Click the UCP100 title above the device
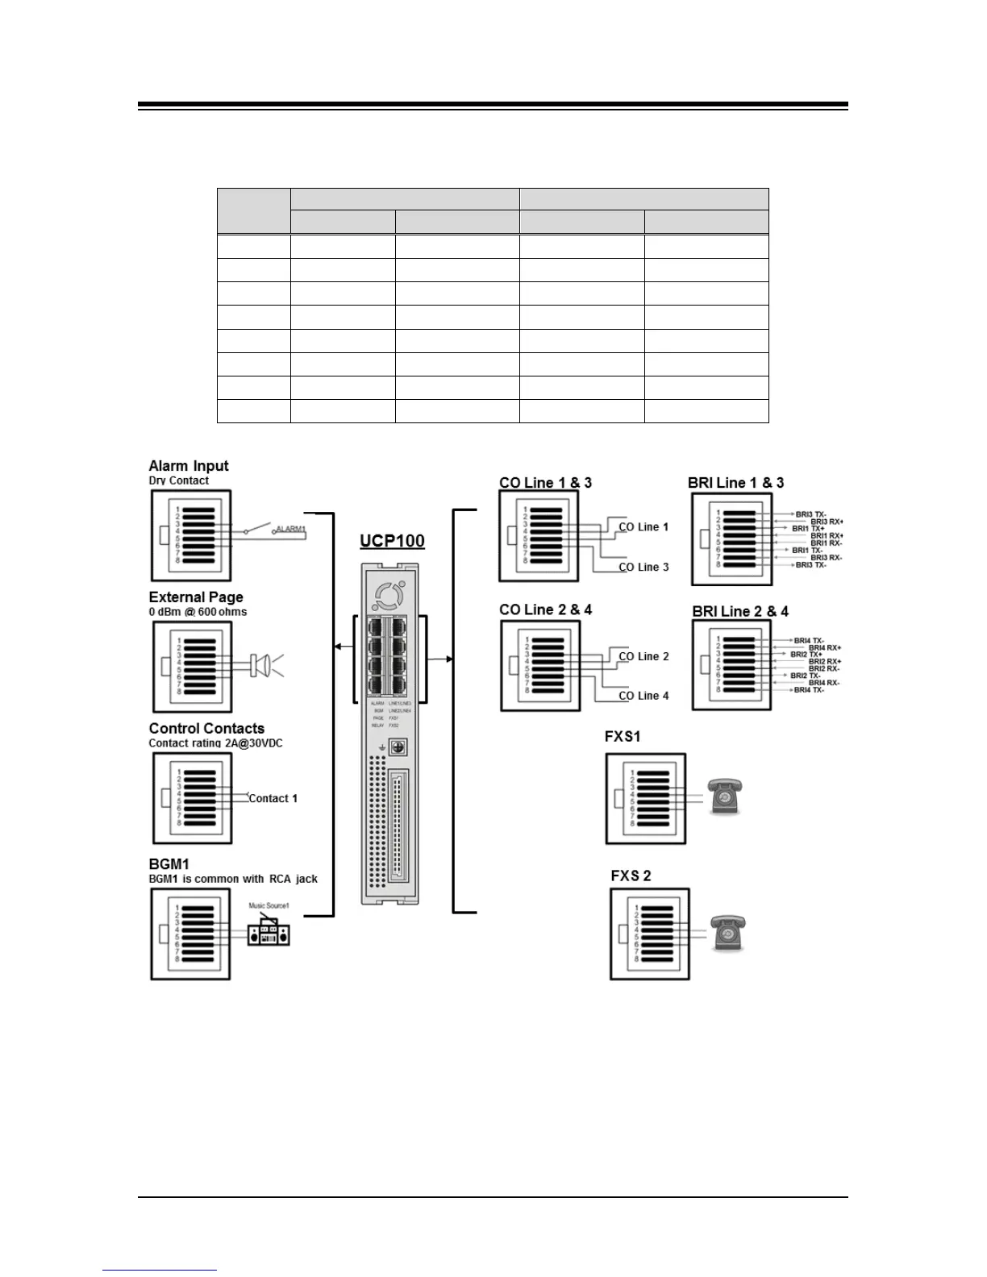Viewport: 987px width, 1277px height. click(x=392, y=540)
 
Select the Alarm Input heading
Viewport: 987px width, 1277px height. click(x=189, y=466)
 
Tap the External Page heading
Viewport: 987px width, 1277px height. click(x=196, y=597)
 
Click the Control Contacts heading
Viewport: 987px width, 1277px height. click(x=206, y=729)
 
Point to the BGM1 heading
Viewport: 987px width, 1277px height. click(x=169, y=864)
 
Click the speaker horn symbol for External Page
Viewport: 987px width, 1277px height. click(x=261, y=666)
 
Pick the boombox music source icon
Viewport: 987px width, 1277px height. click(x=269, y=934)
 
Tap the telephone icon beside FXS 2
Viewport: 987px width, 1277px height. click(x=727, y=934)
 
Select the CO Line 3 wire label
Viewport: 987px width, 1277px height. click(x=643, y=568)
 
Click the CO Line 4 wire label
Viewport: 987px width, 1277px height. click(x=643, y=696)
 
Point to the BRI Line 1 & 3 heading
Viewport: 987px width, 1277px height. click(x=735, y=483)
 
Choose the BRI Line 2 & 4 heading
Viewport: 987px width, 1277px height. click(x=740, y=612)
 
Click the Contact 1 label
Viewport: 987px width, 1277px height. click(x=273, y=799)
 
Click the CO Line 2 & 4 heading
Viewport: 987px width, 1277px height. click(x=545, y=610)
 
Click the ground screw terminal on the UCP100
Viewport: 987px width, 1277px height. click(x=398, y=747)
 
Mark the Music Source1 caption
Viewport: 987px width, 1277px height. click(x=269, y=906)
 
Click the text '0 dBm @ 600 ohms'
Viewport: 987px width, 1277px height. click(x=198, y=612)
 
